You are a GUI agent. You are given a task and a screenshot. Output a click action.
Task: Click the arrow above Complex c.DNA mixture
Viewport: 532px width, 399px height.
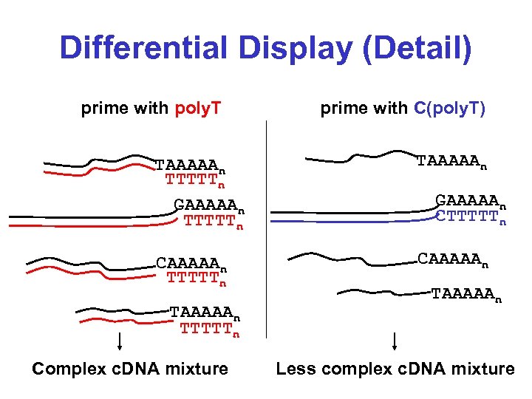tap(120, 341)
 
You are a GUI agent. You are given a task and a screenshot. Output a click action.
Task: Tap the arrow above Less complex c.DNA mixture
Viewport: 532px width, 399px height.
tap(395, 341)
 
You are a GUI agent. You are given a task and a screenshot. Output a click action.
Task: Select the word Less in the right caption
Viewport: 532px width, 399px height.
tap(294, 369)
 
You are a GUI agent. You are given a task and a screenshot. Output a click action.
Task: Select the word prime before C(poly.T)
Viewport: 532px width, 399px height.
tap(344, 109)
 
